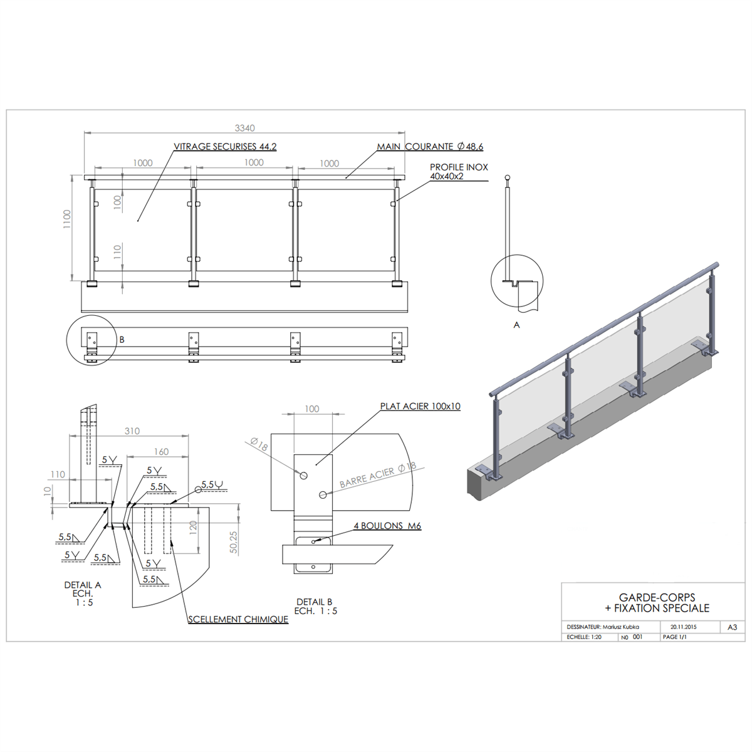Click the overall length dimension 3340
(244, 128)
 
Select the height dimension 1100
(67, 219)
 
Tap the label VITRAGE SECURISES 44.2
(225, 147)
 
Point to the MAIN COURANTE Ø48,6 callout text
(430, 147)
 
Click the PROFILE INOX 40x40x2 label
(459, 172)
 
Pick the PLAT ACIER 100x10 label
(420, 406)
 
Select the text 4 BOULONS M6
(387, 526)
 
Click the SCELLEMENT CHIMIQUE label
(238, 619)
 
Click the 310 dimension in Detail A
(132, 431)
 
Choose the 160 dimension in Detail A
(161, 451)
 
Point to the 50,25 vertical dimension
(233, 542)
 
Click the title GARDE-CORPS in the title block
(657, 597)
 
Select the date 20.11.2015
(684, 627)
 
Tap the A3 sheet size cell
(733, 627)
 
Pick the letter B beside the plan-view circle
(122, 340)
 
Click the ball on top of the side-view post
(508, 178)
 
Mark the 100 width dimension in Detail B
(312, 409)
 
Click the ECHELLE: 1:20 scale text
(584, 637)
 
